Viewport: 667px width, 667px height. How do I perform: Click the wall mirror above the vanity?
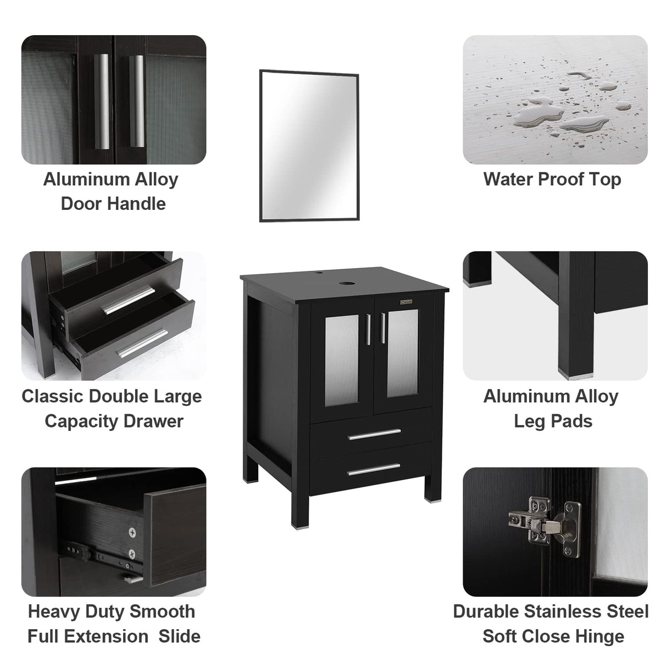[309, 145]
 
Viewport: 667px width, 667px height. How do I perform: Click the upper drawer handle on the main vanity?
[375, 433]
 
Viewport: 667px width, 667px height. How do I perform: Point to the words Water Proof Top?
[552, 179]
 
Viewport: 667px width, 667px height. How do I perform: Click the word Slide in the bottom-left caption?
[180, 636]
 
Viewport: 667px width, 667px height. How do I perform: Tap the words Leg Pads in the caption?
[553, 421]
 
